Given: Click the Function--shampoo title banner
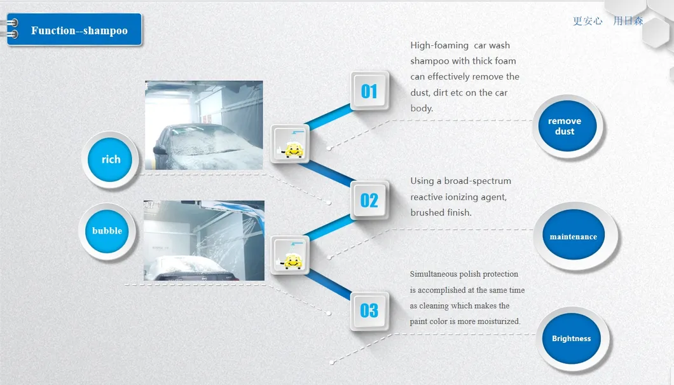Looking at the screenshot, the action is click(x=74, y=29).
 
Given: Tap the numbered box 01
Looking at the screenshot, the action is click(x=369, y=91).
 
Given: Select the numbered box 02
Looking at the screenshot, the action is click(x=369, y=200).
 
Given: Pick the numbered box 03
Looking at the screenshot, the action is click(x=369, y=311).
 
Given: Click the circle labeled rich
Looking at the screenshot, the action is click(x=110, y=160).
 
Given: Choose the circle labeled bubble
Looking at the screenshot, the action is click(x=107, y=231).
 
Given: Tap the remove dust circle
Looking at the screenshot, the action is click(x=567, y=126).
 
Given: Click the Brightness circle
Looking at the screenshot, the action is click(x=572, y=339).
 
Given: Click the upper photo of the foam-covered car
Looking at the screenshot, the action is click(x=203, y=125).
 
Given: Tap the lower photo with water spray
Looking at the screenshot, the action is click(x=204, y=241).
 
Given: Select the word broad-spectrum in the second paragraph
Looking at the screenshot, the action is click(x=478, y=181).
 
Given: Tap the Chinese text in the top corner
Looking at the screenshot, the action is click(x=608, y=20).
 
